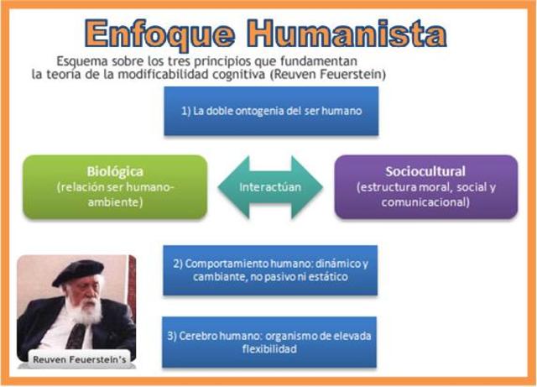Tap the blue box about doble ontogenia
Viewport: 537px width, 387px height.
[271, 111]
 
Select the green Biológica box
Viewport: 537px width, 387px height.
[115, 186]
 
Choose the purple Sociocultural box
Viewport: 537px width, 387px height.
[425, 186]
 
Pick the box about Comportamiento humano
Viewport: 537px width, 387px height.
[270, 270]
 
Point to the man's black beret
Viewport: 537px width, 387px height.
[78, 270]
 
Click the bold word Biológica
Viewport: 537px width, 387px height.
[115, 170]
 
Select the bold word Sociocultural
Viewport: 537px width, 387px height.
[425, 170]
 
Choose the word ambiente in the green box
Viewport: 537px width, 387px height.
[115, 202]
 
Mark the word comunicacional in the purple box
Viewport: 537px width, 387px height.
[425, 202]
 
